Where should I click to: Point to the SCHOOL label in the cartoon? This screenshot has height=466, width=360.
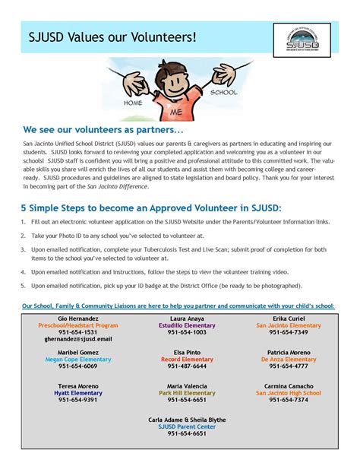pos(224,92)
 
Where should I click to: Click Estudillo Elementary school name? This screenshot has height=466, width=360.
pos(187,325)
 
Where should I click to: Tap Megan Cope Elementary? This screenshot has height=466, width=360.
pos(77,360)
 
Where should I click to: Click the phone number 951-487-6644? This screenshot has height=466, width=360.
pos(187,366)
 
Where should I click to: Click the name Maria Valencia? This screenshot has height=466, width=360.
pos(187,386)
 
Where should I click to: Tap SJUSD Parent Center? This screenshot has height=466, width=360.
pos(187,426)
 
